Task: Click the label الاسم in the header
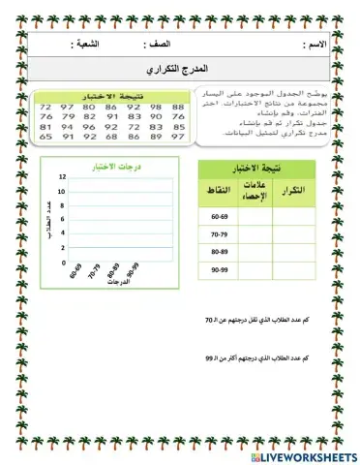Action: tap(315, 46)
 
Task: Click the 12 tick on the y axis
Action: tap(61, 178)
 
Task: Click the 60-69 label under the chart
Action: tap(76, 273)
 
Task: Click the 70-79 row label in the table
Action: tap(221, 235)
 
